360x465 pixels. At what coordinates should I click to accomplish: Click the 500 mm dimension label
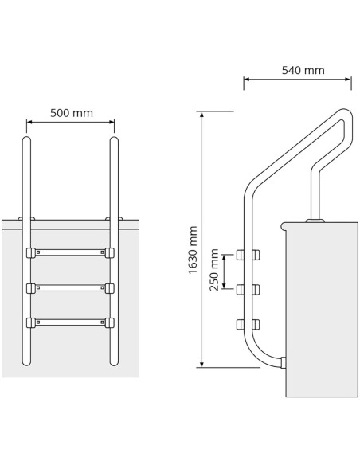(x=72, y=113)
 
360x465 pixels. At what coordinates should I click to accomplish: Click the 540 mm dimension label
(x=303, y=70)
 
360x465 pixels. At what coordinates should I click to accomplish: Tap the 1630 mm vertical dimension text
(x=193, y=250)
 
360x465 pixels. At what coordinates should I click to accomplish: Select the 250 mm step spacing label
(x=214, y=270)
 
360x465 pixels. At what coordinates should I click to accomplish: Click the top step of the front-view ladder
(x=70, y=252)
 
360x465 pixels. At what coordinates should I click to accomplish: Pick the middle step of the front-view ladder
(x=70, y=287)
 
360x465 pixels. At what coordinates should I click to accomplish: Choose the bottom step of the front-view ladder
(x=70, y=322)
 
